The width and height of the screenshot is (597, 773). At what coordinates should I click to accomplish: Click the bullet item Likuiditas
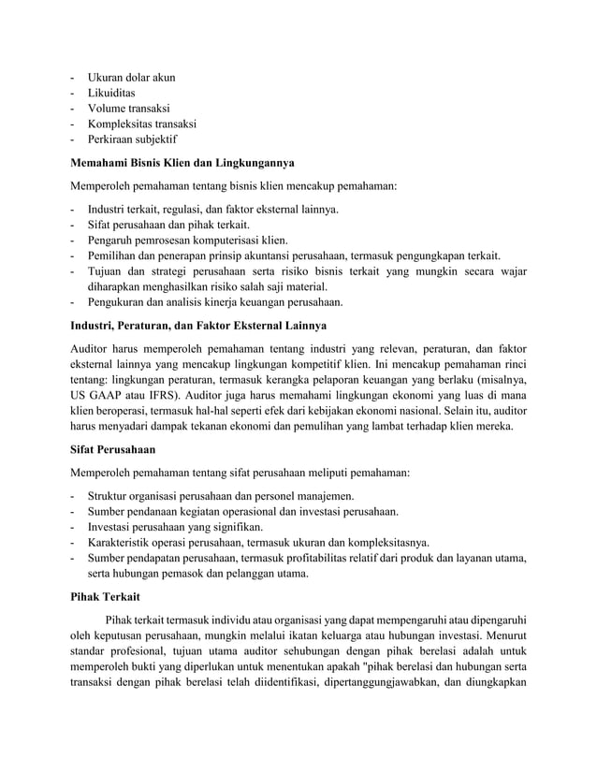111,95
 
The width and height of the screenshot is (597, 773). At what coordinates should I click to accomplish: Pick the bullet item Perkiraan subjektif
131,139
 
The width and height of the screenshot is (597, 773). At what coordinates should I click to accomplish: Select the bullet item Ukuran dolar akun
131,79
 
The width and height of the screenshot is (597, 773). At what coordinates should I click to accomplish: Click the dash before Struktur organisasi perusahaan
73,495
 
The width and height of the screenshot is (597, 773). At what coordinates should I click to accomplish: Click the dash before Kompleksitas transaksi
73,124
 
